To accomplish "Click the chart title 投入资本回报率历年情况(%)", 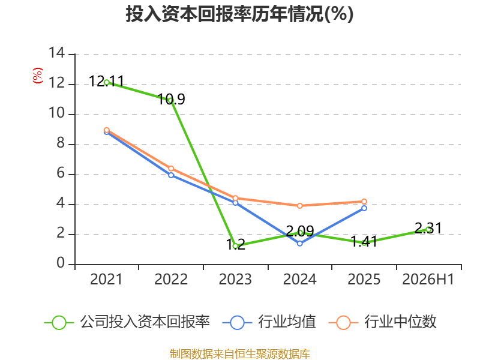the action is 239,14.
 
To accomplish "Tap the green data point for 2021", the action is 107,82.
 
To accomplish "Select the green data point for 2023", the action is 235,246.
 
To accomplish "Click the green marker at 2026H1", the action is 428,229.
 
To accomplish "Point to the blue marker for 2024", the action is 299,244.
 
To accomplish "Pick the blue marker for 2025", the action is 364,208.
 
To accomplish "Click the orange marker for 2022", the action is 171,169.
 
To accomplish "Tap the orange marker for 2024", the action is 299,206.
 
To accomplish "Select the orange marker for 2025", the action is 364,202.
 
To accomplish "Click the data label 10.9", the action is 172,99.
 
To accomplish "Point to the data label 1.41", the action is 364,242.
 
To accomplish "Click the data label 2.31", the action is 428,229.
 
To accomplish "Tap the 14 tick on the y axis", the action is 57,53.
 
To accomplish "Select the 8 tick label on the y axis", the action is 61,143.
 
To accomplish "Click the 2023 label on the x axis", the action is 235,279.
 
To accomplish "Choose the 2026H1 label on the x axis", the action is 428,279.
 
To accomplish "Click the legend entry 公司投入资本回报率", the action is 127,322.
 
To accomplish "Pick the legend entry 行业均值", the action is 269,322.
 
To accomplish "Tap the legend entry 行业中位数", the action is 382,322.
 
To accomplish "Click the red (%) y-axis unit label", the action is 38,76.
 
